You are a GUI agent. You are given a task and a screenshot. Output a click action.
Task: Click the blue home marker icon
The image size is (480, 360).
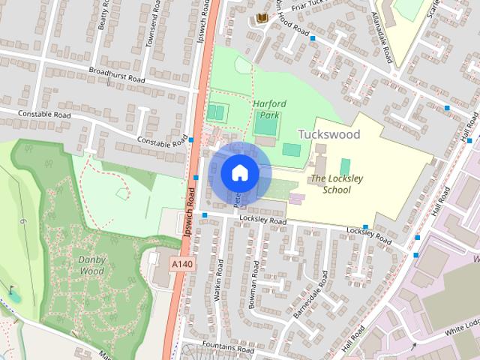[x=238, y=173]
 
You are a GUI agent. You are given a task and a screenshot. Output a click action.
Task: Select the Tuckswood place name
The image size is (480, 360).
[x=329, y=133]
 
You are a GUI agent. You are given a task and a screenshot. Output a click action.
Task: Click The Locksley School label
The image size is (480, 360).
[x=331, y=184]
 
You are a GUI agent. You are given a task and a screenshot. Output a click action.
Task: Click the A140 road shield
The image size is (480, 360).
[x=181, y=264]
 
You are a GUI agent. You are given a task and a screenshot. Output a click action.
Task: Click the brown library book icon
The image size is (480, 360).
[x=262, y=17]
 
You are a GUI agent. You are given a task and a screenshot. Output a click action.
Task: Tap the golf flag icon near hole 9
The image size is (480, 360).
[x=12, y=289]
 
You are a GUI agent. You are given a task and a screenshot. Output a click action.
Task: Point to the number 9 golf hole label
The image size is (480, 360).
[x=23, y=222]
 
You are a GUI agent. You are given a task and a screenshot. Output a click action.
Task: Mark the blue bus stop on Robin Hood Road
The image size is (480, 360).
[x=313, y=38]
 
